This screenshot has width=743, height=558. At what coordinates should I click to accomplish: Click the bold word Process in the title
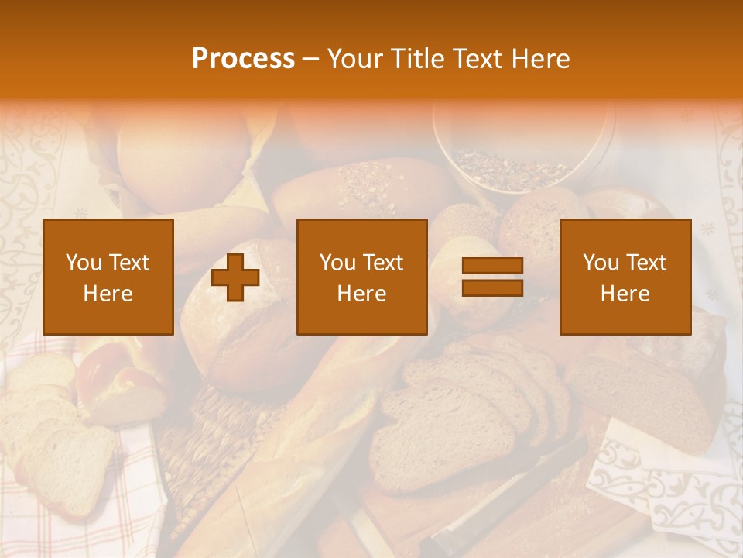click(x=243, y=59)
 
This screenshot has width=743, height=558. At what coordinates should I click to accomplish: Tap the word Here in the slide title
click(x=540, y=59)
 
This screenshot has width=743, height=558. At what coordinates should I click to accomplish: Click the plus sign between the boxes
click(x=235, y=277)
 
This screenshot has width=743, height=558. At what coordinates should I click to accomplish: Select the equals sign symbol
click(x=492, y=277)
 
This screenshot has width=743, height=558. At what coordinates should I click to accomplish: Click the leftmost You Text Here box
click(x=108, y=277)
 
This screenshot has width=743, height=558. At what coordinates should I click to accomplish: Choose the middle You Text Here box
click(x=362, y=277)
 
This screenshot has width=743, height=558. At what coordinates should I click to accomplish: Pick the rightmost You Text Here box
click(x=625, y=277)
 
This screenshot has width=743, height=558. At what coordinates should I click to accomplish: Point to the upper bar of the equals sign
click(x=492, y=266)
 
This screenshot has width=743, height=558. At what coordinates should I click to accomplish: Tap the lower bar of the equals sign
click(x=492, y=288)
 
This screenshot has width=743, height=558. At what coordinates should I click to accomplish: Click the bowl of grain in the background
click(x=523, y=155)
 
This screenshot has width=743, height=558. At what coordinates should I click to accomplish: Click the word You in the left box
click(x=84, y=263)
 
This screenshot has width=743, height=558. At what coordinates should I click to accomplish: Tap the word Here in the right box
click(x=625, y=294)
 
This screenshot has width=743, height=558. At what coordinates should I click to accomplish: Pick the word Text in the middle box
click(x=383, y=263)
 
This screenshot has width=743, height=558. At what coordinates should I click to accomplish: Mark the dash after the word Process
click(x=311, y=59)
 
